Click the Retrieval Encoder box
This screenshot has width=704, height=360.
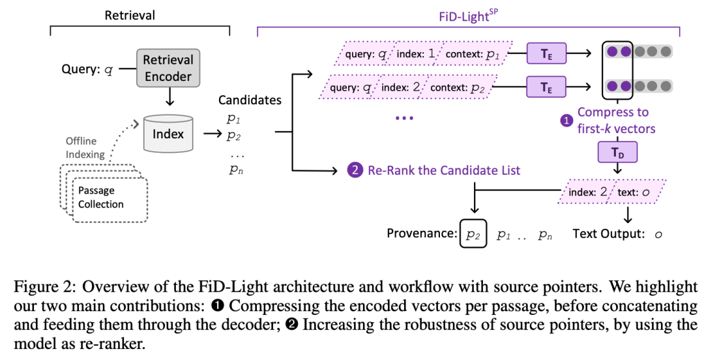169,68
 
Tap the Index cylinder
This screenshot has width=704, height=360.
169,134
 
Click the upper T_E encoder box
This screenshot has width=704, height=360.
546,53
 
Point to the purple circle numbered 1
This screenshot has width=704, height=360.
566,120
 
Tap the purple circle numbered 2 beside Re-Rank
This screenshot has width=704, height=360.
355,171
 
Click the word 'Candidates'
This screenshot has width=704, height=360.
250,100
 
